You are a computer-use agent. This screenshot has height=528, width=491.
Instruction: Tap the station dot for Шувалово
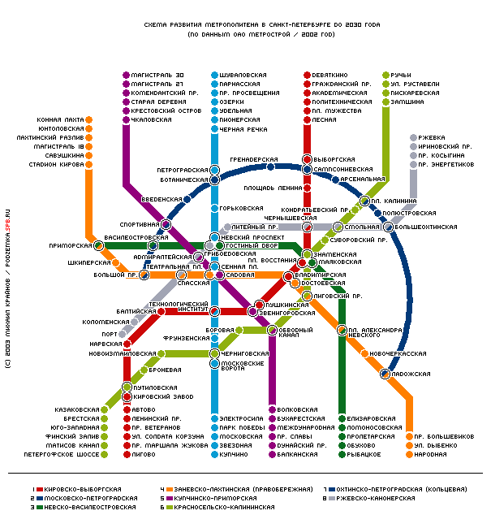coord(214,75)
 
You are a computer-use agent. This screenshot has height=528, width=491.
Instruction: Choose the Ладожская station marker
coord(385,374)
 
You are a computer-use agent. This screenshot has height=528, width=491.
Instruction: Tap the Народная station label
coord(430,454)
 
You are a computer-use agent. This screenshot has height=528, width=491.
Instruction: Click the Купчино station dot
coord(214,454)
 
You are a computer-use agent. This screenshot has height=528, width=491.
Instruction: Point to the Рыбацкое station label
coord(364,454)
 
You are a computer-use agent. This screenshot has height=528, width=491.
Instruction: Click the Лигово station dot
coord(127,454)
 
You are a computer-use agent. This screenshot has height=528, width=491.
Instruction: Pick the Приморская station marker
coord(98,245)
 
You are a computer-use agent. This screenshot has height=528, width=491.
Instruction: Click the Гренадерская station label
coord(254,159)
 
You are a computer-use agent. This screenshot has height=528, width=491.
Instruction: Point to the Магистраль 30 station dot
coord(126,75)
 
